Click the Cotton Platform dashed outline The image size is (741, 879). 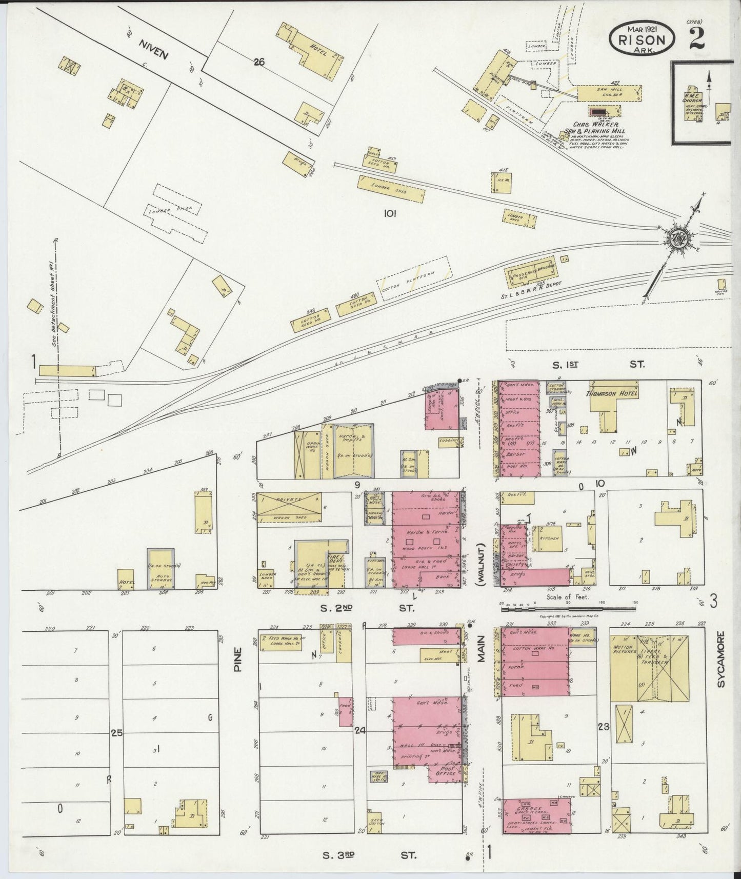pyautogui.click(x=414, y=281)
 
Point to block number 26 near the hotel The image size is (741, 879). pyautogui.click(x=259, y=62)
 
